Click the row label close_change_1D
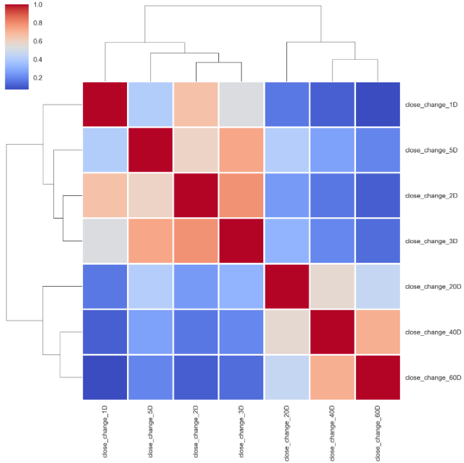(432, 105)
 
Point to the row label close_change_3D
(432, 241)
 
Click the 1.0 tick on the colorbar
(37, 5)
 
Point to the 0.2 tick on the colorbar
(37, 78)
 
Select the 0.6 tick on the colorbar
(37, 41)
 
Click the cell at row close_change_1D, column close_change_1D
(105, 105)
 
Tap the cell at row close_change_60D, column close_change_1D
(105, 378)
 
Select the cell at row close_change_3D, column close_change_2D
(196, 241)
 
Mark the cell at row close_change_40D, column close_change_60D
(378, 332)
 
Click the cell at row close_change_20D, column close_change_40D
(332, 287)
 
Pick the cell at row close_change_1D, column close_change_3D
(241, 105)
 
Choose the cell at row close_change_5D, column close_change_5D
(150, 150)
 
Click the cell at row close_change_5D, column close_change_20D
(286, 150)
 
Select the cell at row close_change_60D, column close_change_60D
(378, 378)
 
